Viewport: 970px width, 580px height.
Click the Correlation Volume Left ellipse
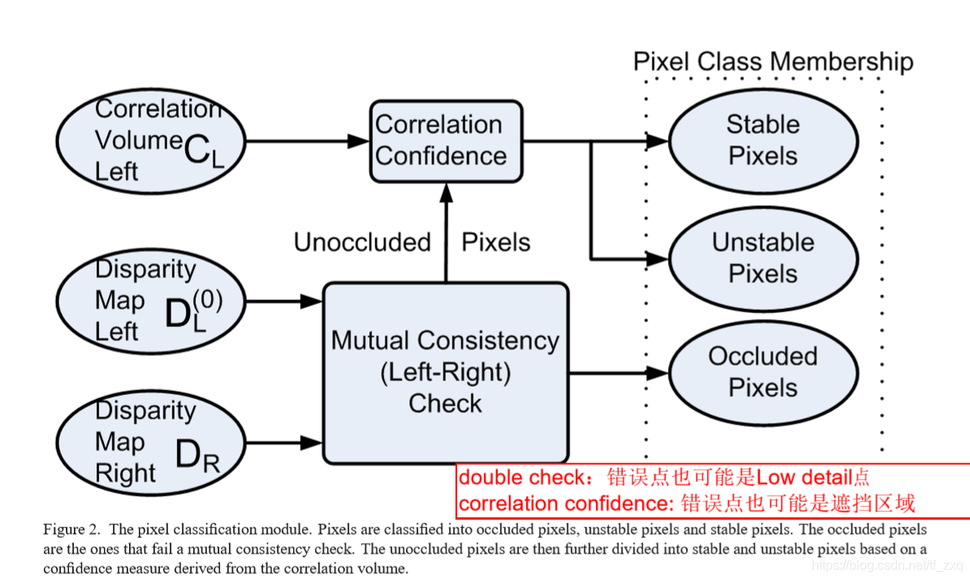click(151, 141)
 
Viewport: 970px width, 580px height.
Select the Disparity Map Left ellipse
click(151, 301)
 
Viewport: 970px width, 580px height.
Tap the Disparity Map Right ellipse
click(151, 443)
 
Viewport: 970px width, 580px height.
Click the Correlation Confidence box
click(446, 142)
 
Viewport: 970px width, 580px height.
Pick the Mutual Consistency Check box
click(446, 373)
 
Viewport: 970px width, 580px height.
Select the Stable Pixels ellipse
click(763, 141)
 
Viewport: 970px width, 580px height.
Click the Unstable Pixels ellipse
click(763, 259)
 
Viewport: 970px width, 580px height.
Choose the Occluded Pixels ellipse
click(763, 373)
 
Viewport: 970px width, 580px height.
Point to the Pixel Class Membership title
click(774, 62)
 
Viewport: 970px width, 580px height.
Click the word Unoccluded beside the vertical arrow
click(362, 243)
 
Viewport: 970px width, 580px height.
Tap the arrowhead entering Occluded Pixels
click(657, 373)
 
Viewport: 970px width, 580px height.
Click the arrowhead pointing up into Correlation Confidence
click(446, 192)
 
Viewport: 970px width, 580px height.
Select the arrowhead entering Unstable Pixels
click(657, 259)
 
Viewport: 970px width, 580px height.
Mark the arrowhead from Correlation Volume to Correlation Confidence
click(358, 142)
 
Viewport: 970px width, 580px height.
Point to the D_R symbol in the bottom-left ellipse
click(197, 457)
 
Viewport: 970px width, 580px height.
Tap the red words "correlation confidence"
click(563, 504)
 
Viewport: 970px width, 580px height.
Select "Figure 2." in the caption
click(71, 529)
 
